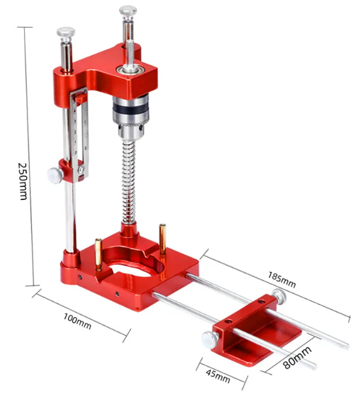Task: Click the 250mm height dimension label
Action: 23,181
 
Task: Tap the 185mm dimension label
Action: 282,280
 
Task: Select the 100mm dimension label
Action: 77,321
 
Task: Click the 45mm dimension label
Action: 218,376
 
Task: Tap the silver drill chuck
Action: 131,116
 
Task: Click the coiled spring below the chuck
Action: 129,182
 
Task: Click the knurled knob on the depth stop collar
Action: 55,175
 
